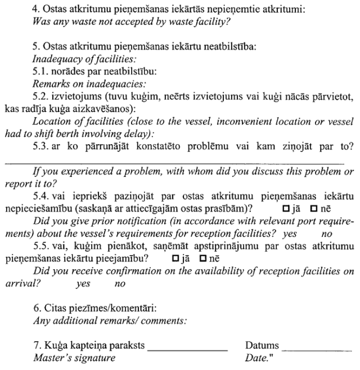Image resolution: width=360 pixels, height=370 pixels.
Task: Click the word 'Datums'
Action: point(263,345)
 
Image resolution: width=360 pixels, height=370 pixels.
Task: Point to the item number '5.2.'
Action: point(42,96)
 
